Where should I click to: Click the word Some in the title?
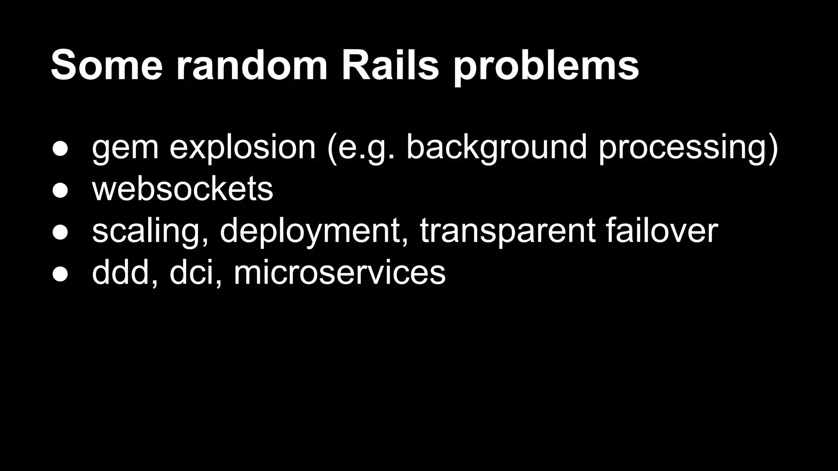107,65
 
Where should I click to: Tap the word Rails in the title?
390,65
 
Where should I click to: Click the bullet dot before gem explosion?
60,148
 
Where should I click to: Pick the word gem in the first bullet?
125,148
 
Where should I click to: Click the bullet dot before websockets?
60,191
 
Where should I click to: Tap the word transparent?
507,231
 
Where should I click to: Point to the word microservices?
339,272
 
